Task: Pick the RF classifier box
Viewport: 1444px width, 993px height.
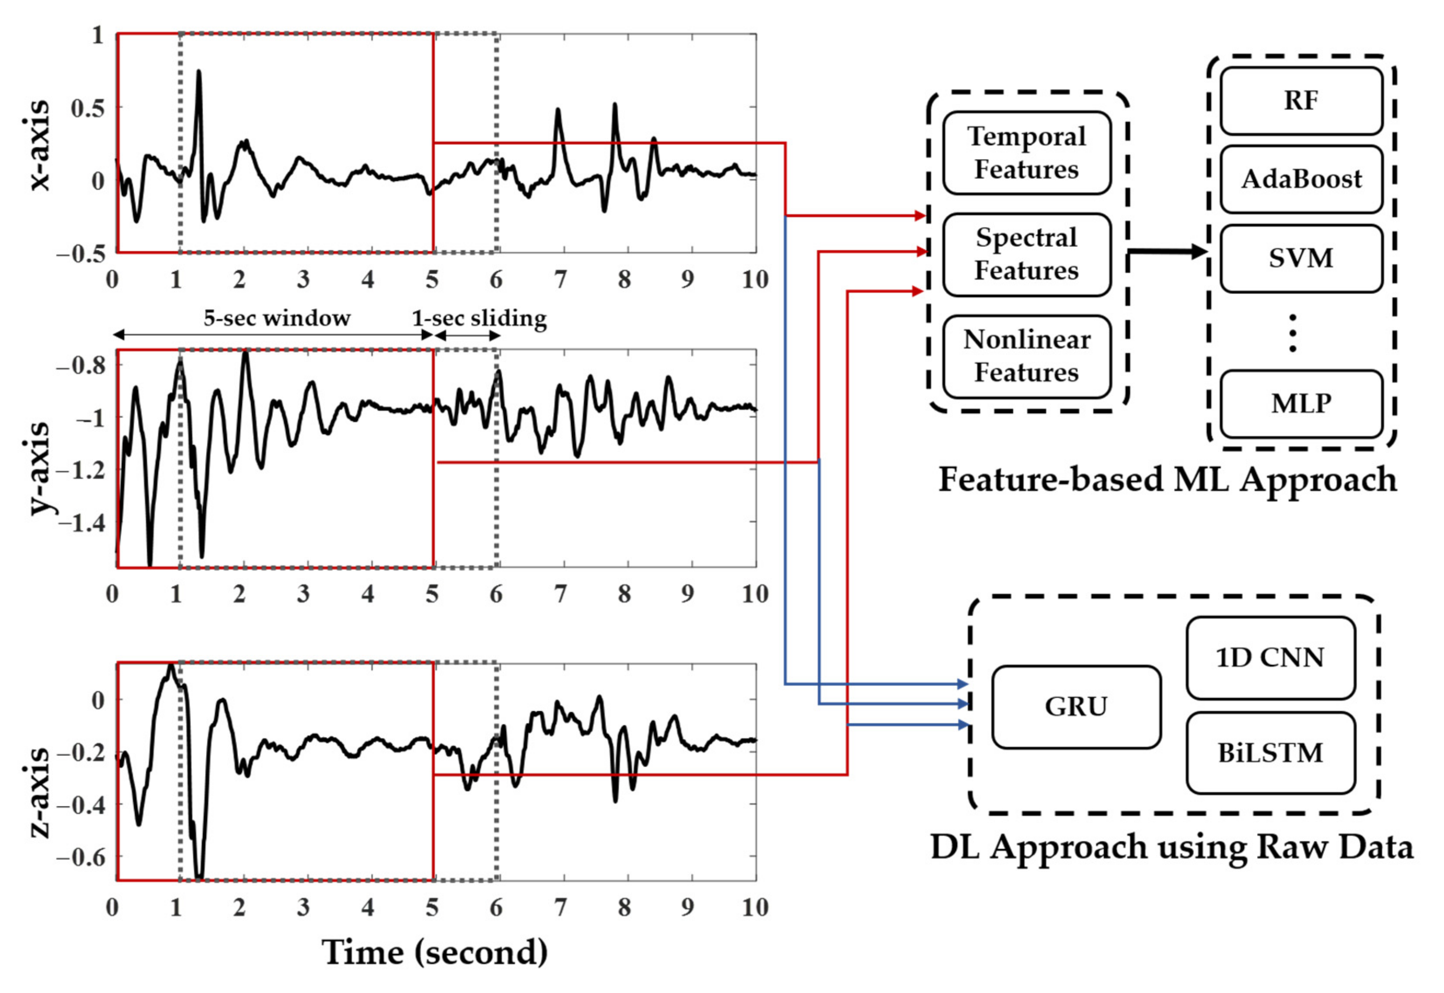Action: point(1301,101)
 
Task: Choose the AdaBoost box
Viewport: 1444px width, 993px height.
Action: point(1301,179)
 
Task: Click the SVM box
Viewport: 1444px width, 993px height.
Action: point(1301,258)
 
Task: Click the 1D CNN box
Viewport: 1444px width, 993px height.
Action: point(1270,658)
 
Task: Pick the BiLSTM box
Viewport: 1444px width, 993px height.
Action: point(1270,753)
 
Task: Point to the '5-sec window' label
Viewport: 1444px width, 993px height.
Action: point(277,318)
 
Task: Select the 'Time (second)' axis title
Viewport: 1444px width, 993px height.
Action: point(434,952)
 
